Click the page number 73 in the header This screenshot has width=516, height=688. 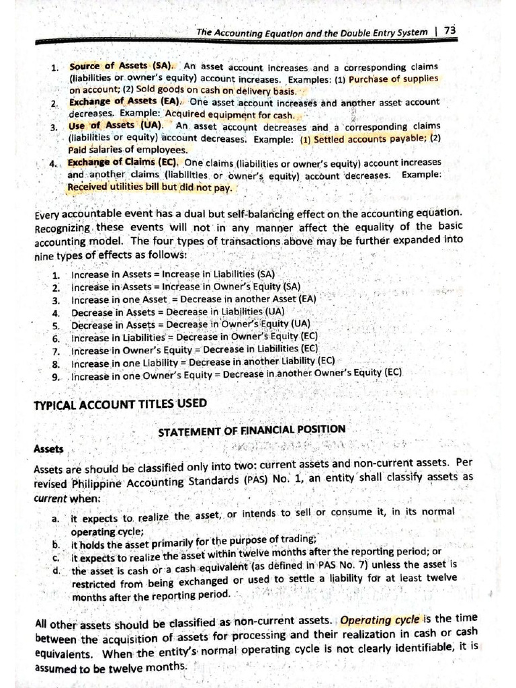449,31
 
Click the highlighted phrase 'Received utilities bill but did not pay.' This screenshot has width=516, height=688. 150,187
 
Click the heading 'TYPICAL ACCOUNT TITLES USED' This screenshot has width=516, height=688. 120,403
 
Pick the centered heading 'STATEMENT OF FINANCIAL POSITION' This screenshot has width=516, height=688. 251,430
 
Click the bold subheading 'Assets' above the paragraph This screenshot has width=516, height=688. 48,448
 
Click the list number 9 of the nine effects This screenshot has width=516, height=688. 56,376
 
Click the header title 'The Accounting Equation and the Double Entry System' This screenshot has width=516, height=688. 312,32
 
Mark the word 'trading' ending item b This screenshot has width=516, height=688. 299,539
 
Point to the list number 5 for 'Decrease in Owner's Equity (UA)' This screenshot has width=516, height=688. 56,325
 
